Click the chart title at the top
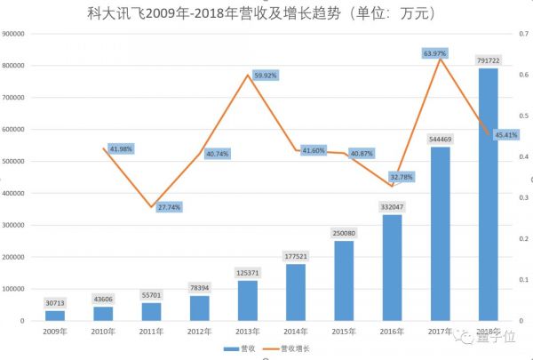point(267,13)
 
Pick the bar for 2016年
point(392,267)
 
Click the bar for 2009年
point(55,315)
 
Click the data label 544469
point(441,139)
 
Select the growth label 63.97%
point(435,53)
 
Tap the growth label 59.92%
point(267,75)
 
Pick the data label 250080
point(344,233)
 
